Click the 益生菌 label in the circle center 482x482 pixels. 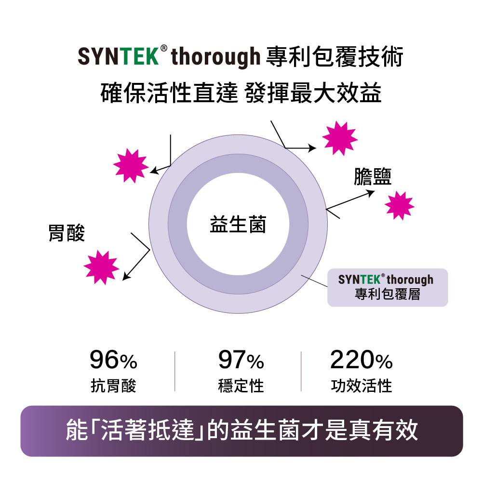238,225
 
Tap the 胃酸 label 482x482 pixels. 67,233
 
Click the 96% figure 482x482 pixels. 113,361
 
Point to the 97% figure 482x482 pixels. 241,361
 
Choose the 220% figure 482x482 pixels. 361,361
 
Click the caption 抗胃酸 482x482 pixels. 113,386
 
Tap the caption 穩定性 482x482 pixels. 241,386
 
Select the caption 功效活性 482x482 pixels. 361,386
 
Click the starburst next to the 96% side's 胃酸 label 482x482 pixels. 101,267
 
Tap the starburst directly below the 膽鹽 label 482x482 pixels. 400,205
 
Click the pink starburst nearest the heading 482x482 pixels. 340,138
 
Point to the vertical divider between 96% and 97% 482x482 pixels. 174,371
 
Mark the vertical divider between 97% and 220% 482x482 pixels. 301,371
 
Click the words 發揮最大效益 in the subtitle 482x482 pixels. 313,93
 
